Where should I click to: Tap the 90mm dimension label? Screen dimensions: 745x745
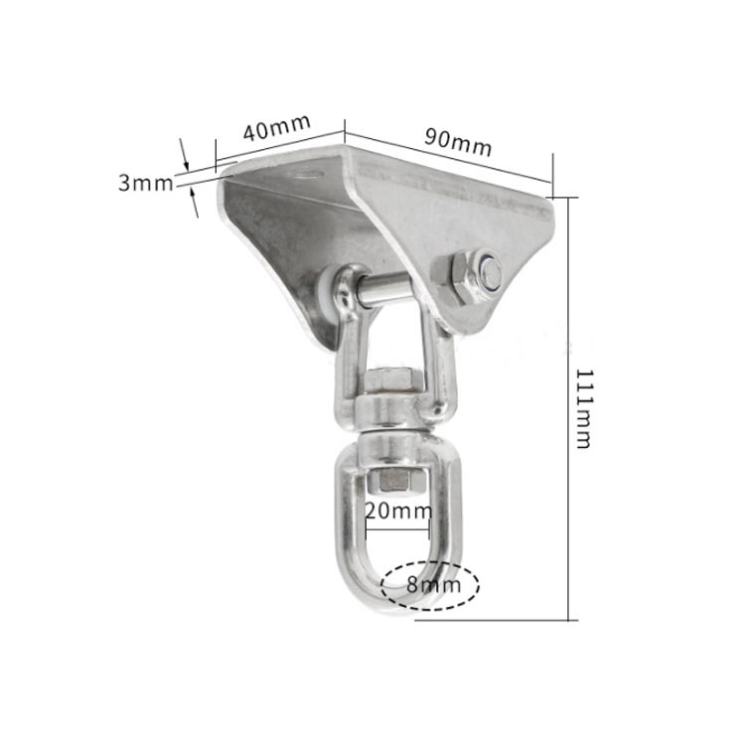[458, 142]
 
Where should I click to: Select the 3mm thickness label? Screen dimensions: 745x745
[146, 183]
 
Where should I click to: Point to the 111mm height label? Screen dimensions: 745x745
[583, 408]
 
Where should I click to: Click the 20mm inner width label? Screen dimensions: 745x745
[398, 512]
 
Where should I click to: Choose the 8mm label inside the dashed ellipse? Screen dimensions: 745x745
[433, 584]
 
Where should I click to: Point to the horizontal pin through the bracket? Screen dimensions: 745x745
[383, 290]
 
